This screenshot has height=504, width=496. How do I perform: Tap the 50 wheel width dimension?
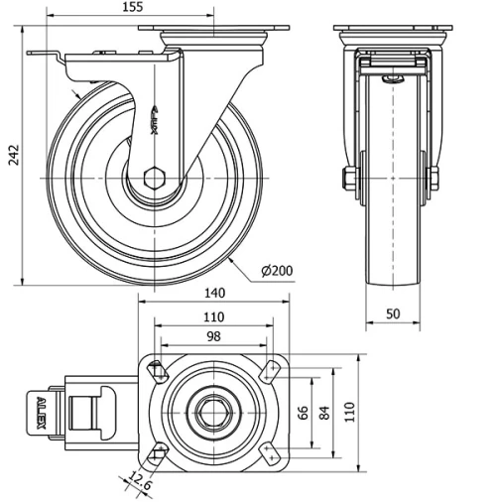(x=393, y=314)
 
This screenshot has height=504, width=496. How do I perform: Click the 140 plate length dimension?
(x=215, y=294)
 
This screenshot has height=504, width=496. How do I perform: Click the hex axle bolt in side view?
(x=153, y=180)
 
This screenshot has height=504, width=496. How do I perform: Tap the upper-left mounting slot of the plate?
(x=155, y=370)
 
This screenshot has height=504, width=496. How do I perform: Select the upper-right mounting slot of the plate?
(x=270, y=370)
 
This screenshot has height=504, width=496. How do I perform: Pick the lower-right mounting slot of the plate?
(x=270, y=452)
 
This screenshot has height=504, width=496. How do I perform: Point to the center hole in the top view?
(x=212, y=411)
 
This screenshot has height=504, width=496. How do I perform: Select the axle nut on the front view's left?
(x=347, y=180)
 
